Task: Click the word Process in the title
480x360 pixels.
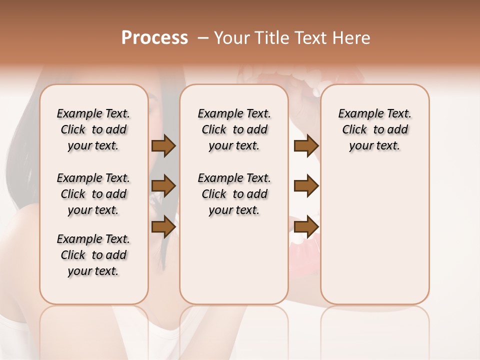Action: click(154, 38)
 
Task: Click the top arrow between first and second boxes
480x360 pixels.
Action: click(163, 146)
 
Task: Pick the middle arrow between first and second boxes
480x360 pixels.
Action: click(163, 186)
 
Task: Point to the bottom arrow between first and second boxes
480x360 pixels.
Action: click(163, 227)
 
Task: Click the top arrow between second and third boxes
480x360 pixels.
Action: click(306, 146)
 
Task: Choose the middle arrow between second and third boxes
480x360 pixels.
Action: click(306, 186)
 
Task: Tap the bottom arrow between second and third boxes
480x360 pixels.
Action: click(306, 227)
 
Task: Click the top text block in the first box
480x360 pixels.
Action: click(93, 129)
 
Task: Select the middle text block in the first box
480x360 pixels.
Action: click(93, 194)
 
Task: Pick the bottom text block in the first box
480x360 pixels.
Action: click(93, 255)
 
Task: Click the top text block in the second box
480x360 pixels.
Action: click(234, 129)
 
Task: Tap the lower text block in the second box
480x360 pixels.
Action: click(234, 194)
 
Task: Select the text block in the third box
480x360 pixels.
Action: click(375, 129)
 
